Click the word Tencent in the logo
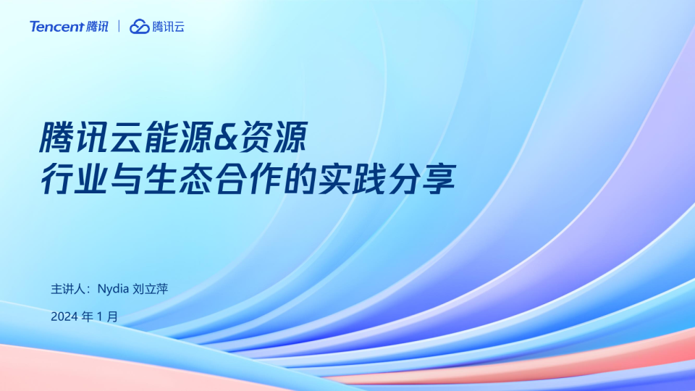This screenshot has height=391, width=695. pyautogui.click(x=56, y=27)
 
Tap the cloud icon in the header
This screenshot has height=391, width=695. pyautogui.click(x=139, y=27)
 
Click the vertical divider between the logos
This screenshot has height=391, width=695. pyautogui.click(x=119, y=26)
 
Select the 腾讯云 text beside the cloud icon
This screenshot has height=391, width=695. pyautogui.click(x=168, y=27)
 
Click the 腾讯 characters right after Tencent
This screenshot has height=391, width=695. pyautogui.click(x=97, y=27)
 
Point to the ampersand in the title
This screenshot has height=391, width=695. pyautogui.click(x=226, y=138)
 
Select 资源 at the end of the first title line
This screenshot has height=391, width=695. pyautogui.click(x=273, y=138)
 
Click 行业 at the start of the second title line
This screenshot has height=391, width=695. pyautogui.click(x=74, y=179)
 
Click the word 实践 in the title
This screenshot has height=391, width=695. pyautogui.click(x=352, y=179)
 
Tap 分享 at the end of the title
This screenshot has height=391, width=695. pyautogui.click(x=422, y=179)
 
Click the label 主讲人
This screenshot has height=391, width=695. pyautogui.click(x=67, y=289)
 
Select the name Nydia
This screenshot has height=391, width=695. pyautogui.click(x=113, y=289)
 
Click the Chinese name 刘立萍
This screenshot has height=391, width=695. pyautogui.click(x=151, y=289)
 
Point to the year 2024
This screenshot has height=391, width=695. pyautogui.click(x=64, y=316)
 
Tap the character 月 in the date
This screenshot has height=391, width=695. pyautogui.click(x=113, y=316)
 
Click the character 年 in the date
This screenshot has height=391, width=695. pyautogui.click(x=88, y=316)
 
